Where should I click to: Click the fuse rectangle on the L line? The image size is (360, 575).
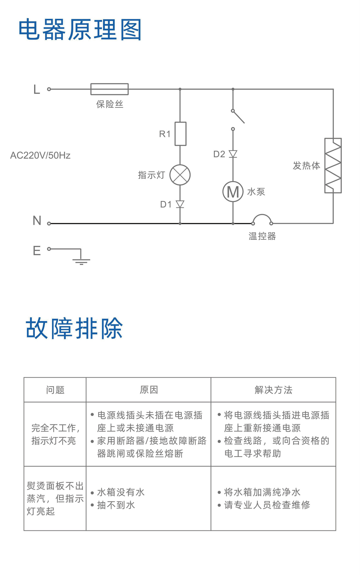click(110, 89)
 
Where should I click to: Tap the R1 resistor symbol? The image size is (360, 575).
click(180, 134)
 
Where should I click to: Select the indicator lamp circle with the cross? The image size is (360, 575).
click(180, 175)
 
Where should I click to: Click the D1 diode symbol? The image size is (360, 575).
click(180, 204)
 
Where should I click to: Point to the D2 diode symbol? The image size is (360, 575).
click(233, 154)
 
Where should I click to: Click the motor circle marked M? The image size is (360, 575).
click(233, 192)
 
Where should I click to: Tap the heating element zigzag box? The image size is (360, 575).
click(333, 166)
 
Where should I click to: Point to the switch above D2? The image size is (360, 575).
click(238, 117)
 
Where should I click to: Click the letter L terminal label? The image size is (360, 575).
click(37, 89)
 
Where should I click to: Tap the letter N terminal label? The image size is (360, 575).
click(37, 220)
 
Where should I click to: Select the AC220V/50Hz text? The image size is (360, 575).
click(40, 156)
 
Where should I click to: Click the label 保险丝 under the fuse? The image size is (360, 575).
click(110, 104)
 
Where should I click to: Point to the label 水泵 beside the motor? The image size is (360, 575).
click(256, 192)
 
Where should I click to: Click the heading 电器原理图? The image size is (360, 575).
click(80, 30)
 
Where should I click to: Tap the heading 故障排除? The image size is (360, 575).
click(74, 328)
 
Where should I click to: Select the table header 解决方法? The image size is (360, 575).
click(273, 390)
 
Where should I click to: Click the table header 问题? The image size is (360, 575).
click(55, 390)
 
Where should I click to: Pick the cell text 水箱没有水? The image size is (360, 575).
click(121, 492)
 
